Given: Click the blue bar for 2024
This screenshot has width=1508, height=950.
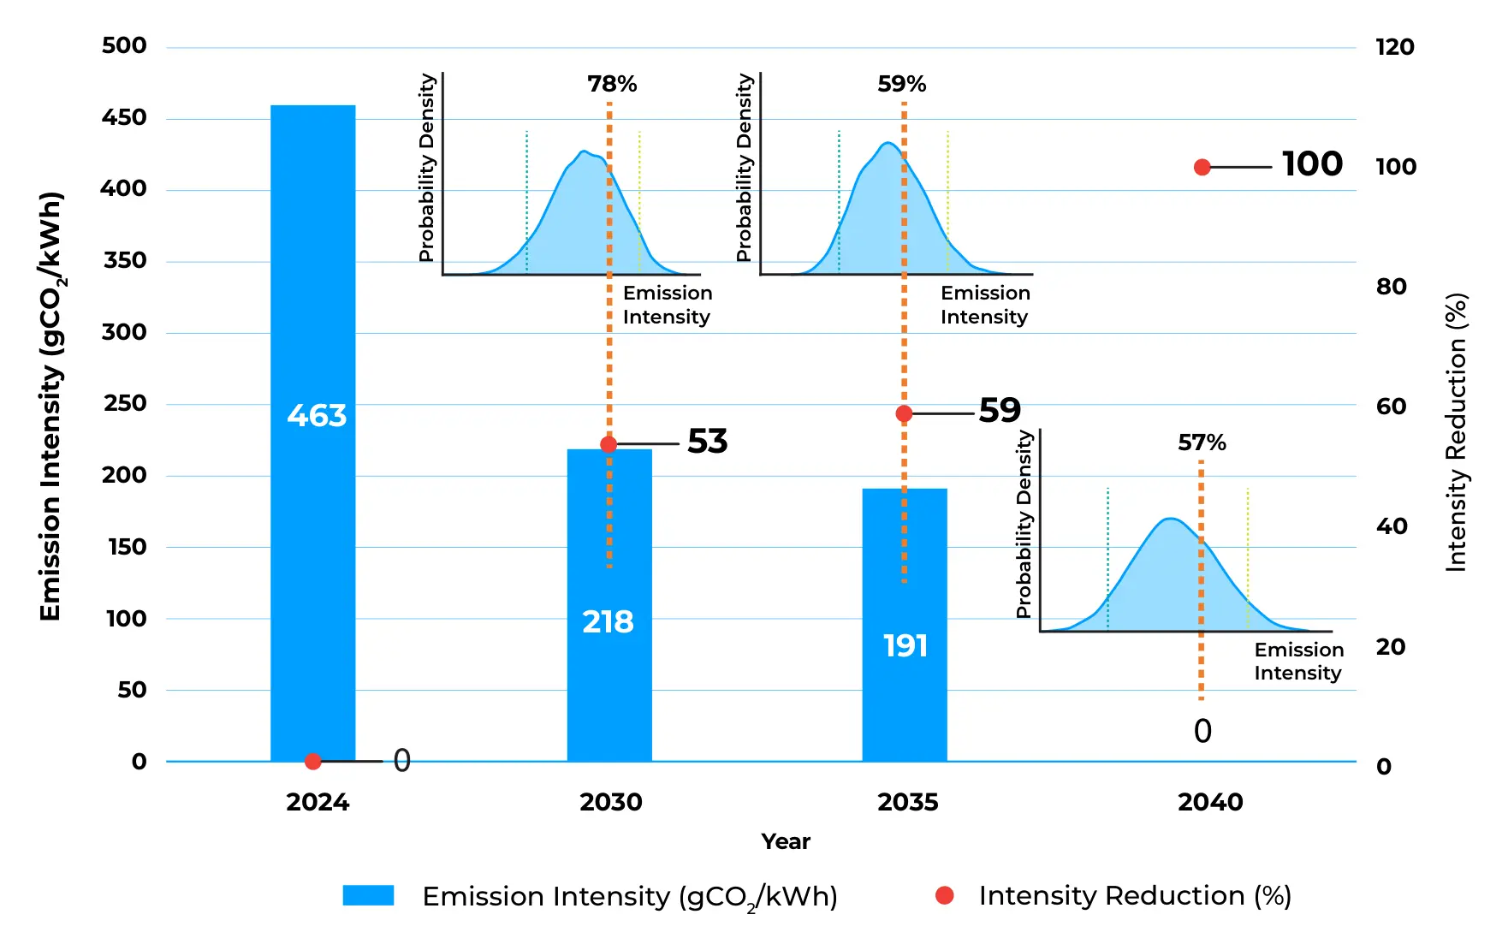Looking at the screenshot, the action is (313, 433).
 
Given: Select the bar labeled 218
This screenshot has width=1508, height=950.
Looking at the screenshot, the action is (609, 605).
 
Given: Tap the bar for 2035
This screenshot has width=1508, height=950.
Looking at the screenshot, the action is (905, 625).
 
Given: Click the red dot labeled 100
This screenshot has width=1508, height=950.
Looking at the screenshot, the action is (1202, 167).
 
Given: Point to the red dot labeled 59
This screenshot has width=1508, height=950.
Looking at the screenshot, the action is (904, 413).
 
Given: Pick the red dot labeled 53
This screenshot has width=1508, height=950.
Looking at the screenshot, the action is (609, 444).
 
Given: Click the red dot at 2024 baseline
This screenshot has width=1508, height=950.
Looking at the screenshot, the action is (313, 761).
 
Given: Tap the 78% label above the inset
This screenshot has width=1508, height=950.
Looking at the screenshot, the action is (612, 84).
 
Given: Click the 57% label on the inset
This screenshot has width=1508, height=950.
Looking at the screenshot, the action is (1202, 442).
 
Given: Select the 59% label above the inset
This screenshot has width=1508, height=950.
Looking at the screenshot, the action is (902, 84).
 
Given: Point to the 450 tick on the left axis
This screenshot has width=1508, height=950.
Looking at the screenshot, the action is (124, 117).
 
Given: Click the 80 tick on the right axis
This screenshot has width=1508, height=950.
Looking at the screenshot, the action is (1392, 287).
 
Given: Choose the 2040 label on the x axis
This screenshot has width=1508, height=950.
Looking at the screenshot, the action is (1210, 802).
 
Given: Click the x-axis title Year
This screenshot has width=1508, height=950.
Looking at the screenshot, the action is (786, 841).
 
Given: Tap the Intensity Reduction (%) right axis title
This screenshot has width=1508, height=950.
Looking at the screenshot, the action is (1456, 432).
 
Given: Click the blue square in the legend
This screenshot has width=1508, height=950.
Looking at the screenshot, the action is (368, 895).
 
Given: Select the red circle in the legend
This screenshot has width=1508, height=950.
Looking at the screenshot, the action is (945, 895).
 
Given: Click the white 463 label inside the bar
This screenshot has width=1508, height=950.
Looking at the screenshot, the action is (317, 415).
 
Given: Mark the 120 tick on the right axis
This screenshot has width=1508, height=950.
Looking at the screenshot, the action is (1395, 47).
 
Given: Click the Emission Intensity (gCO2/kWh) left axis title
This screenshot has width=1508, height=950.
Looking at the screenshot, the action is (51, 407).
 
